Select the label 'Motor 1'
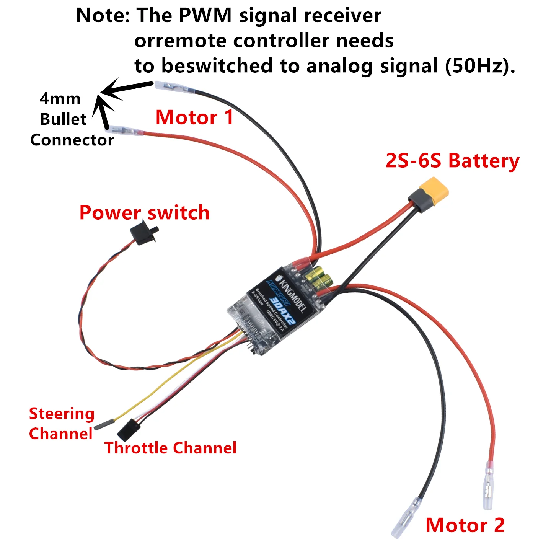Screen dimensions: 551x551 click(194, 117)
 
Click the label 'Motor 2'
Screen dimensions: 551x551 click(465, 525)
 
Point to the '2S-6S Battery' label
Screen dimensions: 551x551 click(452, 161)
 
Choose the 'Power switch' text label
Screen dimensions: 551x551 click(144, 212)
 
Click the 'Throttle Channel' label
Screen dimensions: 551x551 click(170, 448)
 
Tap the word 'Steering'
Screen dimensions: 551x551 click(62, 414)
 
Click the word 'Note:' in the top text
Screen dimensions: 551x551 click(103, 16)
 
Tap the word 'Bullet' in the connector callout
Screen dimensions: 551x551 click(63, 119)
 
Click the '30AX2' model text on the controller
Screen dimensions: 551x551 click(282, 309)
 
